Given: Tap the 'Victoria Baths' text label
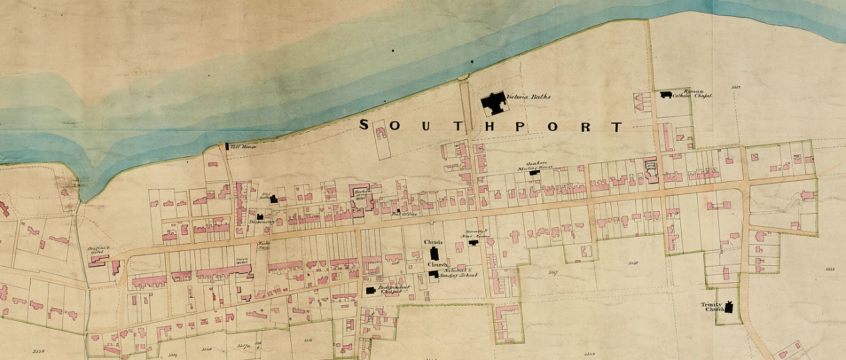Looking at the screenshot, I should (532, 97).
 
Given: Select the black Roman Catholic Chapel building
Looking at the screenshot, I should (667, 95).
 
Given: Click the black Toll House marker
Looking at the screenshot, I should (227, 145).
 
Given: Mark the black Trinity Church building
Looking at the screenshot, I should (730, 308).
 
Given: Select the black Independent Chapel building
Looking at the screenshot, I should (370, 290).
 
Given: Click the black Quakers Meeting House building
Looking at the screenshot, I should (535, 173).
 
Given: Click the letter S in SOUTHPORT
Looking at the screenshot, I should (363, 125).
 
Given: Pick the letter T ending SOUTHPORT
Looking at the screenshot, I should (616, 127).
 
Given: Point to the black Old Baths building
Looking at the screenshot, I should (274, 199).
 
